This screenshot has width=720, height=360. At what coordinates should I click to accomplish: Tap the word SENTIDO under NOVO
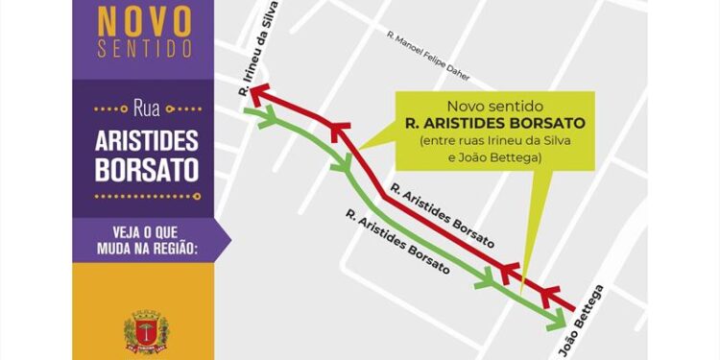click(148, 48)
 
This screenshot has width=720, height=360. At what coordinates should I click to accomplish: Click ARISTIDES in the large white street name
click(147, 140)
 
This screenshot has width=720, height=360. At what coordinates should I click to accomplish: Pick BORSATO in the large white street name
click(147, 170)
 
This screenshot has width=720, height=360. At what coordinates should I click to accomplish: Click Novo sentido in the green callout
click(493, 105)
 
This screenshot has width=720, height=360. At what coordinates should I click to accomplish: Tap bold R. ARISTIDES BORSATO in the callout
click(494, 124)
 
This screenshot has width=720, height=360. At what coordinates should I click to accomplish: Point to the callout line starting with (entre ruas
click(494, 142)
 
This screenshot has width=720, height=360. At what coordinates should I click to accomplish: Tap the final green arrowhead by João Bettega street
click(555, 320)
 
